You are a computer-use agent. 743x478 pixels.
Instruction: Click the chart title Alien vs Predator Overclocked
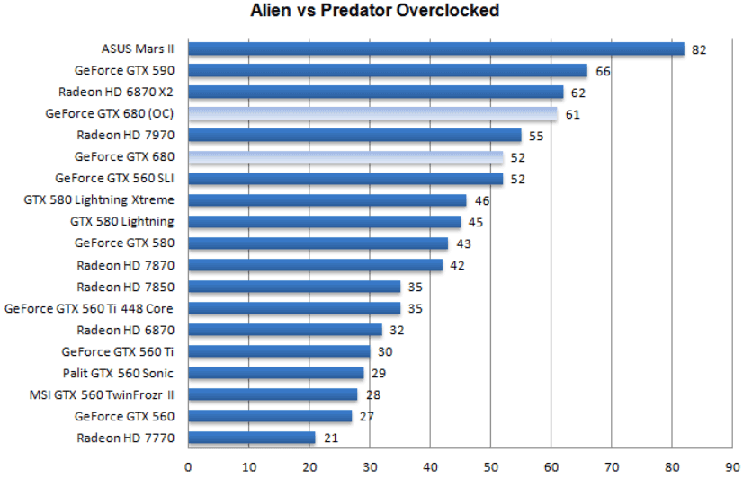372,12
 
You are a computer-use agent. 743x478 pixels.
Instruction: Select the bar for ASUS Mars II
436,49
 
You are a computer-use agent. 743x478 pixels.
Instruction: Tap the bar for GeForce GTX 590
388,70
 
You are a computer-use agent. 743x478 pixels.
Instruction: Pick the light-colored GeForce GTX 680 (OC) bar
372,113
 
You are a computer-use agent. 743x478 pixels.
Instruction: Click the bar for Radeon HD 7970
354,135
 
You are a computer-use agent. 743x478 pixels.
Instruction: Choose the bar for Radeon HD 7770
252,438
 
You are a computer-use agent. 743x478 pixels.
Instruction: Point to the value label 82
699,49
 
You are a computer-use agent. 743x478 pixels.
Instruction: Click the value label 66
603,71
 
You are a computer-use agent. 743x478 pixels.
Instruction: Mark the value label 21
330,438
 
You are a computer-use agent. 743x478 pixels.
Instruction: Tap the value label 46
481,200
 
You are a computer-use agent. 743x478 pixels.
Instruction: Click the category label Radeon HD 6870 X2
117,92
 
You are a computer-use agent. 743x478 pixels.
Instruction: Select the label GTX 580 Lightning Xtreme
100,199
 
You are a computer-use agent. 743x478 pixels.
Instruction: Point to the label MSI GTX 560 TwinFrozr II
102,394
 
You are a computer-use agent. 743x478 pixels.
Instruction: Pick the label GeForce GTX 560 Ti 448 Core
90,308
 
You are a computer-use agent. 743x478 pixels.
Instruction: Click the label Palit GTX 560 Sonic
118,373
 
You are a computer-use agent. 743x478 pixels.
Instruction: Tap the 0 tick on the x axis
188,466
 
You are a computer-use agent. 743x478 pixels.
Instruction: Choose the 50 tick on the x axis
490,466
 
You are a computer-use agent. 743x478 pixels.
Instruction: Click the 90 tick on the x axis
732,466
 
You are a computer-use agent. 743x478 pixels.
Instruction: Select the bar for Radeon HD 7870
315,265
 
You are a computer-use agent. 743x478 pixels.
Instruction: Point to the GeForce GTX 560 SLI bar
345,178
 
